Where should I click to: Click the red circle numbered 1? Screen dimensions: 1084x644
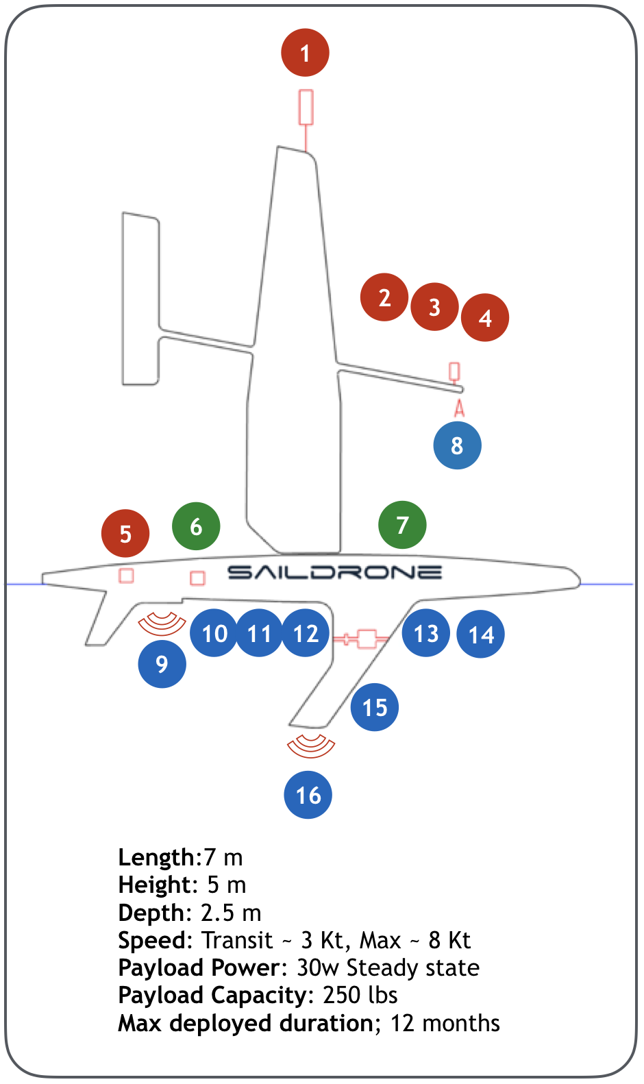pyautogui.click(x=305, y=53)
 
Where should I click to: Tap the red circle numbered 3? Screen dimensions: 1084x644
pyautogui.click(x=434, y=306)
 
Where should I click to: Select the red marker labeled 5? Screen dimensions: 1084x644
pyautogui.click(x=125, y=533)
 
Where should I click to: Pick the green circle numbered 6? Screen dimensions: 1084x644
pyautogui.click(x=196, y=526)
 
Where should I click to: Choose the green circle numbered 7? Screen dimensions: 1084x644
pyautogui.click(x=402, y=525)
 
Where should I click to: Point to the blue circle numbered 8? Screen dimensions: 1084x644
pyautogui.click(x=457, y=445)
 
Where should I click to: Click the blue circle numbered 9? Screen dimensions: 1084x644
pyautogui.click(x=162, y=663)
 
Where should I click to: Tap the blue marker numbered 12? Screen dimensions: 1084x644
pyautogui.click(x=306, y=633)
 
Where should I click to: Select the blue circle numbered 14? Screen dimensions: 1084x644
pyautogui.click(x=481, y=635)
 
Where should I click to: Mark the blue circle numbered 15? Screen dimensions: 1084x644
pyautogui.click(x=374, y=706)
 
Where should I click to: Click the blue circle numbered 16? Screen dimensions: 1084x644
pyautogui.click(x=308, y=795)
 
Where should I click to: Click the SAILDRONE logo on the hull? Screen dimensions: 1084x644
pyautogui.click(x=334, y=571)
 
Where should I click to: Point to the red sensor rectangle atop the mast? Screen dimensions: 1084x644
pyautogui.click(x=306, y=108)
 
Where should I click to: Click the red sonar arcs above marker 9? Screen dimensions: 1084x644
pyautogui.click(x=162, y=622)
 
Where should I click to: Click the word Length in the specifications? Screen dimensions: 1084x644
pyautogui.click(x=156, y=857)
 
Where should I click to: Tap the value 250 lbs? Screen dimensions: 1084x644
pyautogui.click(x=360, y=995)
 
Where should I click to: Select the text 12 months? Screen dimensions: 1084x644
pyautogui.click(x=445, y=1023)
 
